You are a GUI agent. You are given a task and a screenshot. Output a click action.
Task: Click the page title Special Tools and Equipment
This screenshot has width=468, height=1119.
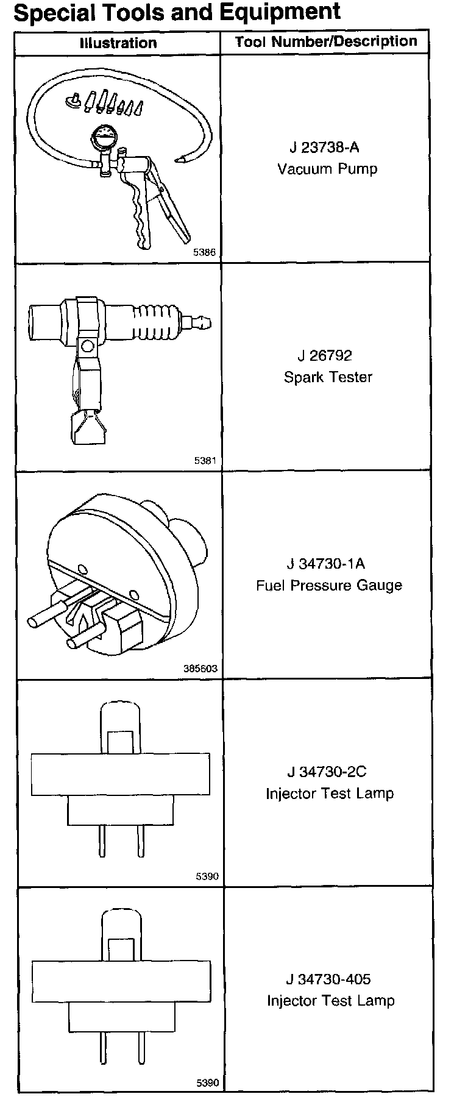click(x=177, y=12)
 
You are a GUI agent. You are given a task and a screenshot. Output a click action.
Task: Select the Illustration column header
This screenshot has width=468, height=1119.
click(x=118, y=43)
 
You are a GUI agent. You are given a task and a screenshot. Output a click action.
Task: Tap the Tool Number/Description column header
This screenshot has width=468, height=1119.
click(x=326, y=41)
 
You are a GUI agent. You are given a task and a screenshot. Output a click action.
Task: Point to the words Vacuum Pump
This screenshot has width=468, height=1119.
click(x=327, y=169)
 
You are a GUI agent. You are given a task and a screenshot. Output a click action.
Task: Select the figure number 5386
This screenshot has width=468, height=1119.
click(x=204, y=252)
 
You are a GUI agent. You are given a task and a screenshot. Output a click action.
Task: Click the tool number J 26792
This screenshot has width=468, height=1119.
click(x=325, y=355)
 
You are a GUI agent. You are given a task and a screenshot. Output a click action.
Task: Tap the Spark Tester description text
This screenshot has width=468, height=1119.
click(x=328, y=377)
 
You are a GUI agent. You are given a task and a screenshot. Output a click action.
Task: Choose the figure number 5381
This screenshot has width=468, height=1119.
click(x=205, y=461)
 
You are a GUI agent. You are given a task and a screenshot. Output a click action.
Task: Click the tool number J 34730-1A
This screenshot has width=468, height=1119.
click(x=326, y=564)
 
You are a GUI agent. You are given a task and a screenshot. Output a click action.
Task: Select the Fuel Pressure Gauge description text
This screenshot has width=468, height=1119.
click(x=329, y=586)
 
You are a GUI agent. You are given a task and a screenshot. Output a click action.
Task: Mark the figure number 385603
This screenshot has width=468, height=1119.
click(x=200, y=669)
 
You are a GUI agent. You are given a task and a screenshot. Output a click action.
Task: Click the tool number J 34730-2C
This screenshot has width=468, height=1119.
click(x=327, y=772)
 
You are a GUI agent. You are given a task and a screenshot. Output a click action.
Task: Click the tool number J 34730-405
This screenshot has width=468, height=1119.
click(x=328, y=979)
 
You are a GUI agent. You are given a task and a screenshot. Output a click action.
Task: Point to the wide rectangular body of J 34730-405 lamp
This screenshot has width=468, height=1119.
click(x=121, y=982)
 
